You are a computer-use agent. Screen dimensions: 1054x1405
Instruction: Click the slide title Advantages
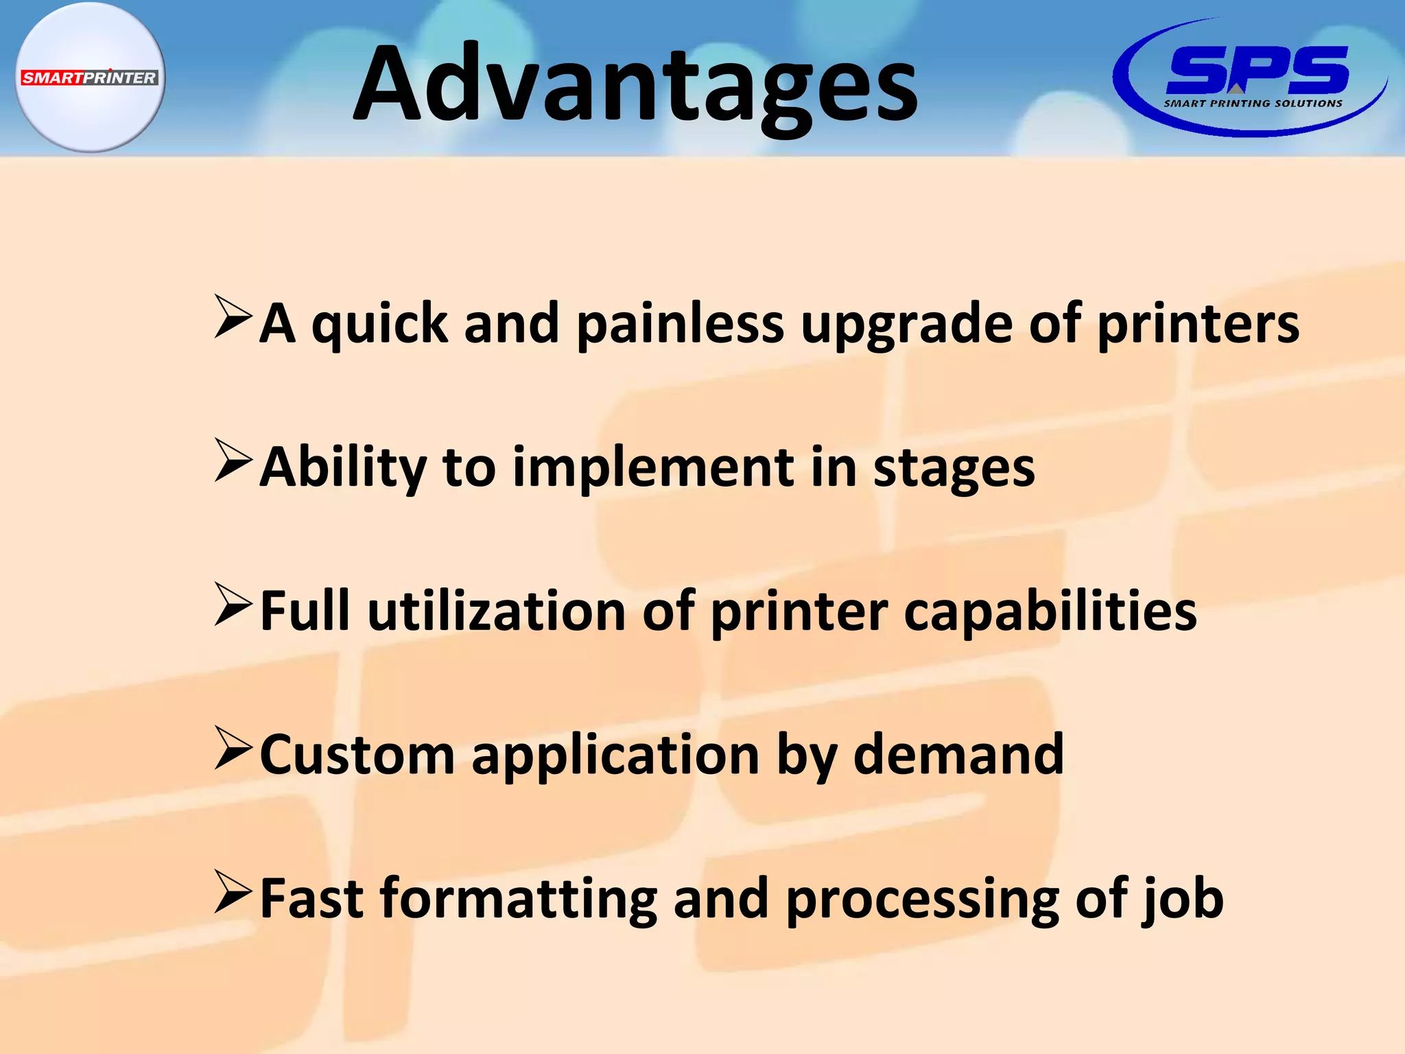coord(635,84)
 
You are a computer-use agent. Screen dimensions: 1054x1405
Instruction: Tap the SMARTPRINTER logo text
coord(89,78)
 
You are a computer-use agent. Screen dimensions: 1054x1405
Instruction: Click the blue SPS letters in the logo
coord(1257,70)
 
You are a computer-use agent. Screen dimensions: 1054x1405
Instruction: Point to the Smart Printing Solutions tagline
coord(1253,104)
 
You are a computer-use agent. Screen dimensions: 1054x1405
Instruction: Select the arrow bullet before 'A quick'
coord(233,317)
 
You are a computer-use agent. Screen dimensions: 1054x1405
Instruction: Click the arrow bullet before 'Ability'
coord(233,460)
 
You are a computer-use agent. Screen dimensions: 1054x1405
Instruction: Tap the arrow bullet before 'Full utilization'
coord(233,605)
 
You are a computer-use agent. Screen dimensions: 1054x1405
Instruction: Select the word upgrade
coord(906,325)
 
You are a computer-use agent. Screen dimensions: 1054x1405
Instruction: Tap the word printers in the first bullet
coord(1198,325)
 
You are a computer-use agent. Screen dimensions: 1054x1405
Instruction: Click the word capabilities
coord(1050,612)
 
